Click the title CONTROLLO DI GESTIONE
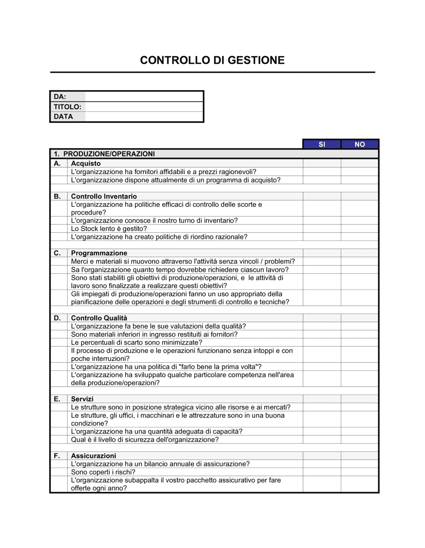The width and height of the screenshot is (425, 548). point(212,60)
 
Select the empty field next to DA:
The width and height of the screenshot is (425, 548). point(144,97)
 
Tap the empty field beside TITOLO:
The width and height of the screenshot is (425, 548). point(144,107)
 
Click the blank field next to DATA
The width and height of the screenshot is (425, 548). point(144,116)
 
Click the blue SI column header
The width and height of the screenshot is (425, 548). point(322,144)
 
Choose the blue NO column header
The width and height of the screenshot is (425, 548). point(360,144)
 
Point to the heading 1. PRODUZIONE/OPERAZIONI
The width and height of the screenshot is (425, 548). point(104,154)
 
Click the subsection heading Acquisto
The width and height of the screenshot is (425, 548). point(86,164)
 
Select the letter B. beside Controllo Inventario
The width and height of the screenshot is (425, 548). point(57,196)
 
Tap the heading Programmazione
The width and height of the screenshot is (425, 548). point(99,253)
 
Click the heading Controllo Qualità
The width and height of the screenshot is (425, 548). point(99,318)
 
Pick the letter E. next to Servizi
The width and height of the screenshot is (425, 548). point(57,399)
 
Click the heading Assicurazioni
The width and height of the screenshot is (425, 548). point(93,456)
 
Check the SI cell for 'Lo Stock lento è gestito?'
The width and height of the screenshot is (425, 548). point(322,229)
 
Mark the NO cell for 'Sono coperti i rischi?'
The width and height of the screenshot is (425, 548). point(360,472)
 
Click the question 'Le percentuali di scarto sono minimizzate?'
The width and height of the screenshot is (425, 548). point(136,342)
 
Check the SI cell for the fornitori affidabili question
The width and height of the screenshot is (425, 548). point(322,172)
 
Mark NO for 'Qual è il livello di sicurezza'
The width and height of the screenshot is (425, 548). point(360,440)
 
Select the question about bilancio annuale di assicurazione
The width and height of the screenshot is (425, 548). point(160,464)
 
